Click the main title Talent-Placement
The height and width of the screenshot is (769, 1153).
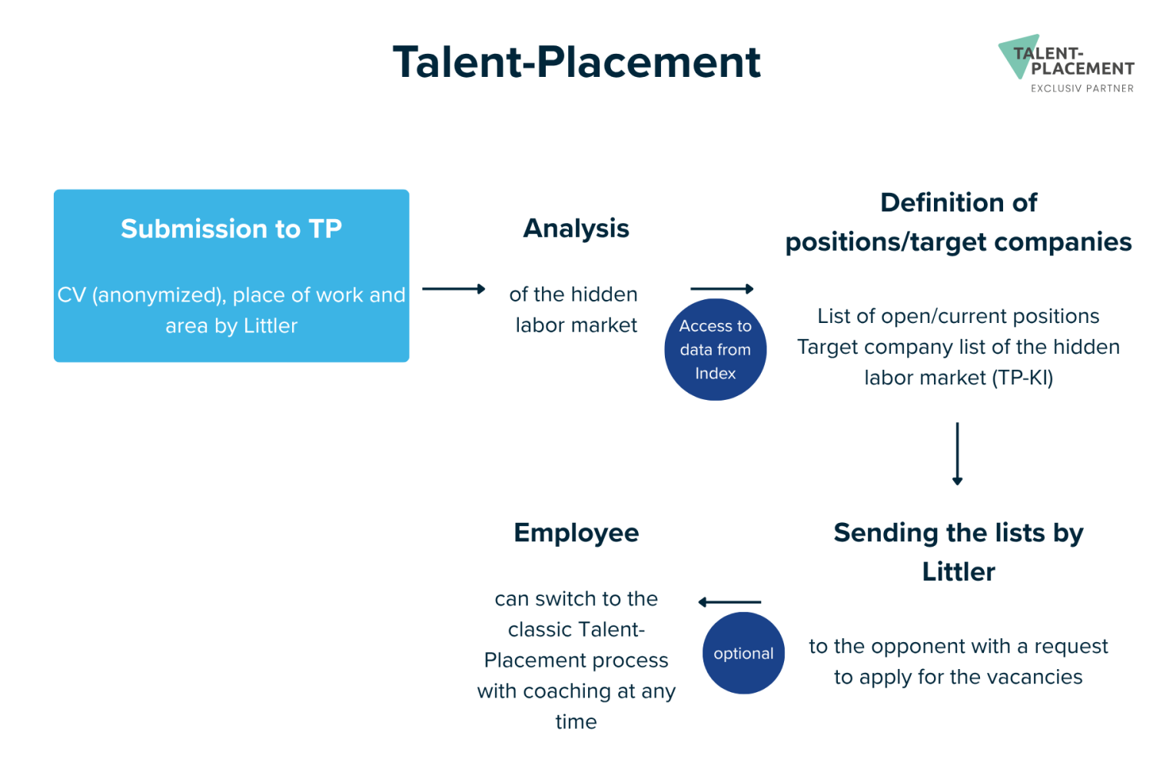[x=576, y=63]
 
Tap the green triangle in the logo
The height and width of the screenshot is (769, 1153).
[x=1017, y=54]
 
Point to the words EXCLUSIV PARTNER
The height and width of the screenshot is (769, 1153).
[x=1082, y=88]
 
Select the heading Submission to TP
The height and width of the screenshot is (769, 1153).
[x=231, y=228]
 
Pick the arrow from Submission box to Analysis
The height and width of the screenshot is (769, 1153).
[x=454, y=289]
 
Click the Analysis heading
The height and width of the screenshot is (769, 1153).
[x=576, y=228]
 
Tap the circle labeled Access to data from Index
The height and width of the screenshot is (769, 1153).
[x=715, y=350]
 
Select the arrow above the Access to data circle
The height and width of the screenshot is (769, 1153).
[x=722, y=289]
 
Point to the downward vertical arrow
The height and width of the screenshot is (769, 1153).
[x=958, y=454]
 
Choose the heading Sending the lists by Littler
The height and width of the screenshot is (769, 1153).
[x=959, y=552]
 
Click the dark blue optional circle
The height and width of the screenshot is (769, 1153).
[x=743, y=653]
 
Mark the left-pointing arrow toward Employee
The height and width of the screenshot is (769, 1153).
[x=729, y=602]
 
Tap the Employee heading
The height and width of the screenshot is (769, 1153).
[x=576, y=533]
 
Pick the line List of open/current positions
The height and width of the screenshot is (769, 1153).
[x=959, y=316]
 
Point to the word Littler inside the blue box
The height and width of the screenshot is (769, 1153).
[x=271, y=326]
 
